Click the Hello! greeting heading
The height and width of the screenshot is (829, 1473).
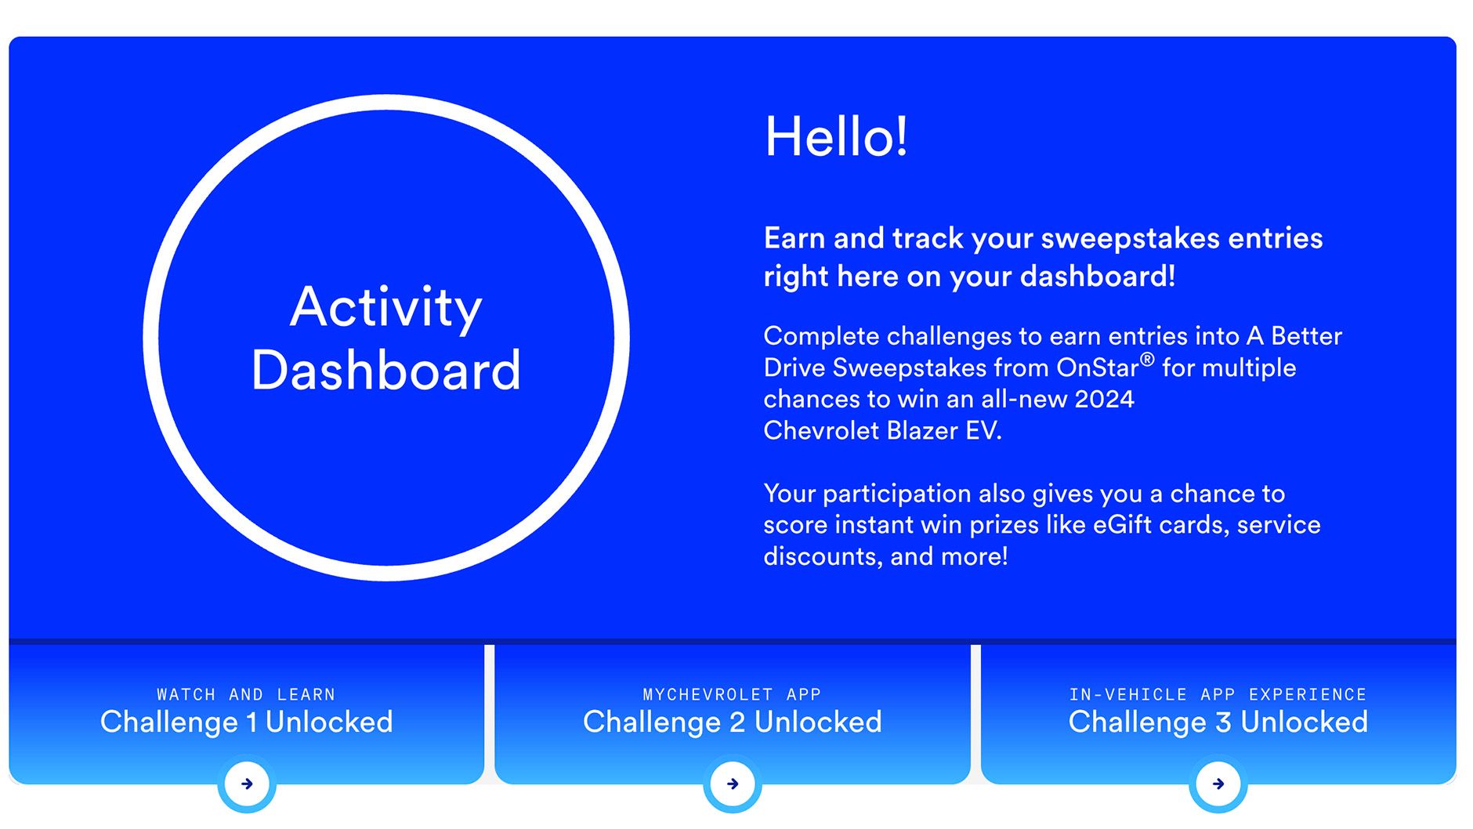click(836, 136)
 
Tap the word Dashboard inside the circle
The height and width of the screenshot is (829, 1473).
click(386, 370)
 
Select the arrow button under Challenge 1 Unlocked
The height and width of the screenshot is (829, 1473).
click(247, 784)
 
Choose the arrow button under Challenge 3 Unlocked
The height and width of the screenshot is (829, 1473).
click(1218, 784)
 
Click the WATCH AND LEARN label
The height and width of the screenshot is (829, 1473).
click(246, 694)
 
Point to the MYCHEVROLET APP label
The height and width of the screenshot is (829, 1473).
click(732, 694)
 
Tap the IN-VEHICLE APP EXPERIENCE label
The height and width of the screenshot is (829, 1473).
click(1218, 694)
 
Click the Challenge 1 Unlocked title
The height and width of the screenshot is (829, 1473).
click(247, 722)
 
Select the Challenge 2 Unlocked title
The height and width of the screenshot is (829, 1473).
click(733, 722)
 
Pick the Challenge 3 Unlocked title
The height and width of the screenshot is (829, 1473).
click(1218, 722)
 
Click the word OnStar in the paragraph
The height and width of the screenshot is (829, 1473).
click(1097, 367)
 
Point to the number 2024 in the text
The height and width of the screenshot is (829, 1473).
click(1104, 399)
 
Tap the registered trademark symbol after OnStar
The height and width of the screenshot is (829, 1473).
click(1147, 360)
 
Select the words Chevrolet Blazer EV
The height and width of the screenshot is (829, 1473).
click(883, 430)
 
